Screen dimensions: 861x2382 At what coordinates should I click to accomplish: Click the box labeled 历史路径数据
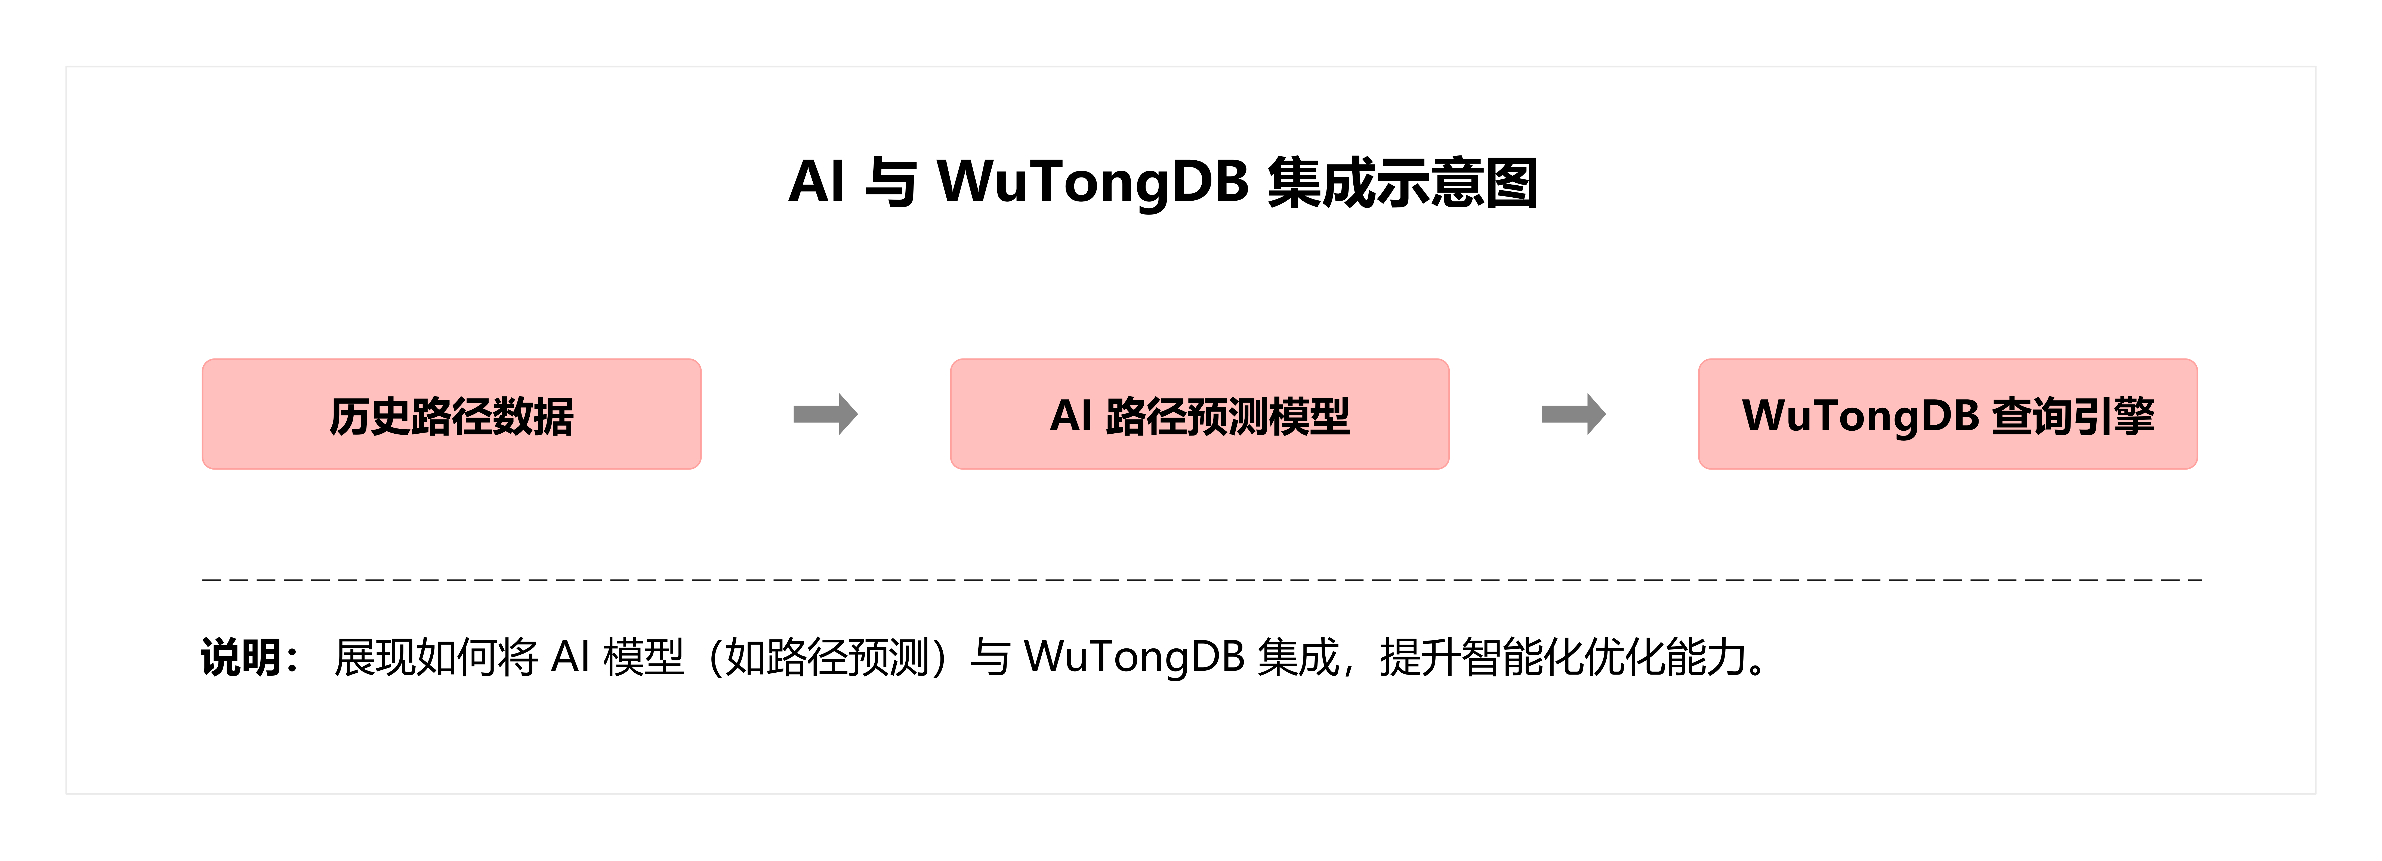click(x=451, y=414)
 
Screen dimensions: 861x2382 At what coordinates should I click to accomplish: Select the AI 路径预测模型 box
click(x=1199, y=414)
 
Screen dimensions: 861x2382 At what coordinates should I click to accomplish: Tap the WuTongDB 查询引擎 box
click(x=1947, y=414)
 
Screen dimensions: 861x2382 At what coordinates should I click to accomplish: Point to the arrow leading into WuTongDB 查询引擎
click(x=1573, y=414)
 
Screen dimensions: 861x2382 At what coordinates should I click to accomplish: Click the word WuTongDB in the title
click(x=1093, y=182)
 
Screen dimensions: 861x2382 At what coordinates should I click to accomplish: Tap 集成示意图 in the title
click(x=1402, y=182)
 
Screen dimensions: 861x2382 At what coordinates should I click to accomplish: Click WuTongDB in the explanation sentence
click(x=1135, y=658)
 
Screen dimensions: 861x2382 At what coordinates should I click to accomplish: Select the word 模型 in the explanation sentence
click(x=644, y=658)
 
